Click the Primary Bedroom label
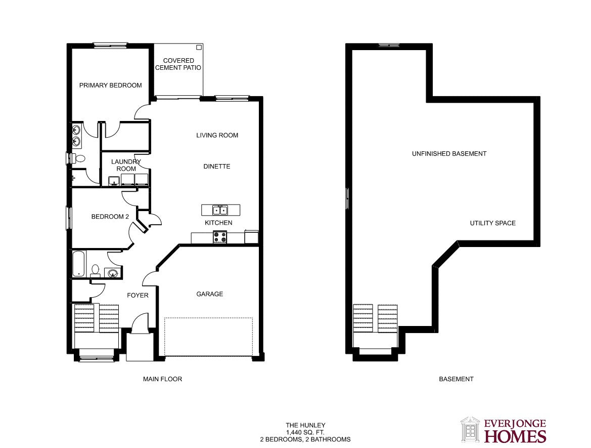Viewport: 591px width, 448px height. tap(110, 86)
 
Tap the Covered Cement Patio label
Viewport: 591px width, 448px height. tap(178, 64)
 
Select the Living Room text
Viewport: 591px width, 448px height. tap(217, 135)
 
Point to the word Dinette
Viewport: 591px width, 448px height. tap(217, 166)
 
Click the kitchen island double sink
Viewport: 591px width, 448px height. tap(220, 210)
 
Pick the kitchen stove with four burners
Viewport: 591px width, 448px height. tap(220, 237)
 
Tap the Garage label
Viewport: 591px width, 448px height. tap(210, 294)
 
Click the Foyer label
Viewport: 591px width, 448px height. tap(138, 295)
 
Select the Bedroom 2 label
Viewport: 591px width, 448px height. tap(110, 217)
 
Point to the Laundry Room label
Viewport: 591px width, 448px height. tap(126, 165)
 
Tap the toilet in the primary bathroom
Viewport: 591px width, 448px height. tap(79, 158)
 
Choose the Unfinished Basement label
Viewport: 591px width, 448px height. tap(449, 153)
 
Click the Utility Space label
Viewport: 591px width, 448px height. tap(492, 223)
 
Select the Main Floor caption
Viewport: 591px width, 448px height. tap(162, 379)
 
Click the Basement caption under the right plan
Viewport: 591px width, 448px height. tap(456, 379)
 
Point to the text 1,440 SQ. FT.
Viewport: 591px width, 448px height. tap(305, 432)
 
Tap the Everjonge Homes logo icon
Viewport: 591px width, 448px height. tap(470, 429)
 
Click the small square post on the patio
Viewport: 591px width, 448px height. tap(199, 47)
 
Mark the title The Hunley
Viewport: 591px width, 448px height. tap(305, 425)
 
